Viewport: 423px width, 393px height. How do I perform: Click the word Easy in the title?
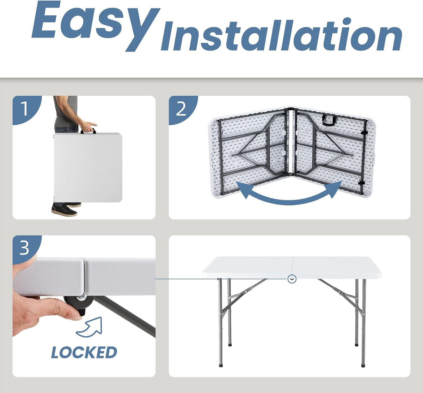pyautogui.click(x=96, y=26)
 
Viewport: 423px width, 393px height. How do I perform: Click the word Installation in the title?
pyautogui.click(x=282, y=34)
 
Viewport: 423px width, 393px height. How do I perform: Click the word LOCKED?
pyautogui.click(x=84, y=352)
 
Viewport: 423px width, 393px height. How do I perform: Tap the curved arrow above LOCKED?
pyautogui.click(x=90, y=328)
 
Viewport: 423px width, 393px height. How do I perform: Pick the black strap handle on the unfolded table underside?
pyautogui.click(x=329, y=120)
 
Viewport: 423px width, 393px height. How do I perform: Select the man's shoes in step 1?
pyautogui.click(x=66, y=208)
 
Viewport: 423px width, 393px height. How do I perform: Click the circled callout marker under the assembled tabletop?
pyautogui.click(x=292, y=279)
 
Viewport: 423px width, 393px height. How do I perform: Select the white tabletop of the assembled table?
pyautogui.click(x=292, y=268)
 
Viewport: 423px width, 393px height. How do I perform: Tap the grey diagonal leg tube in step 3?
pyautogui.click(x=125, y=316)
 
